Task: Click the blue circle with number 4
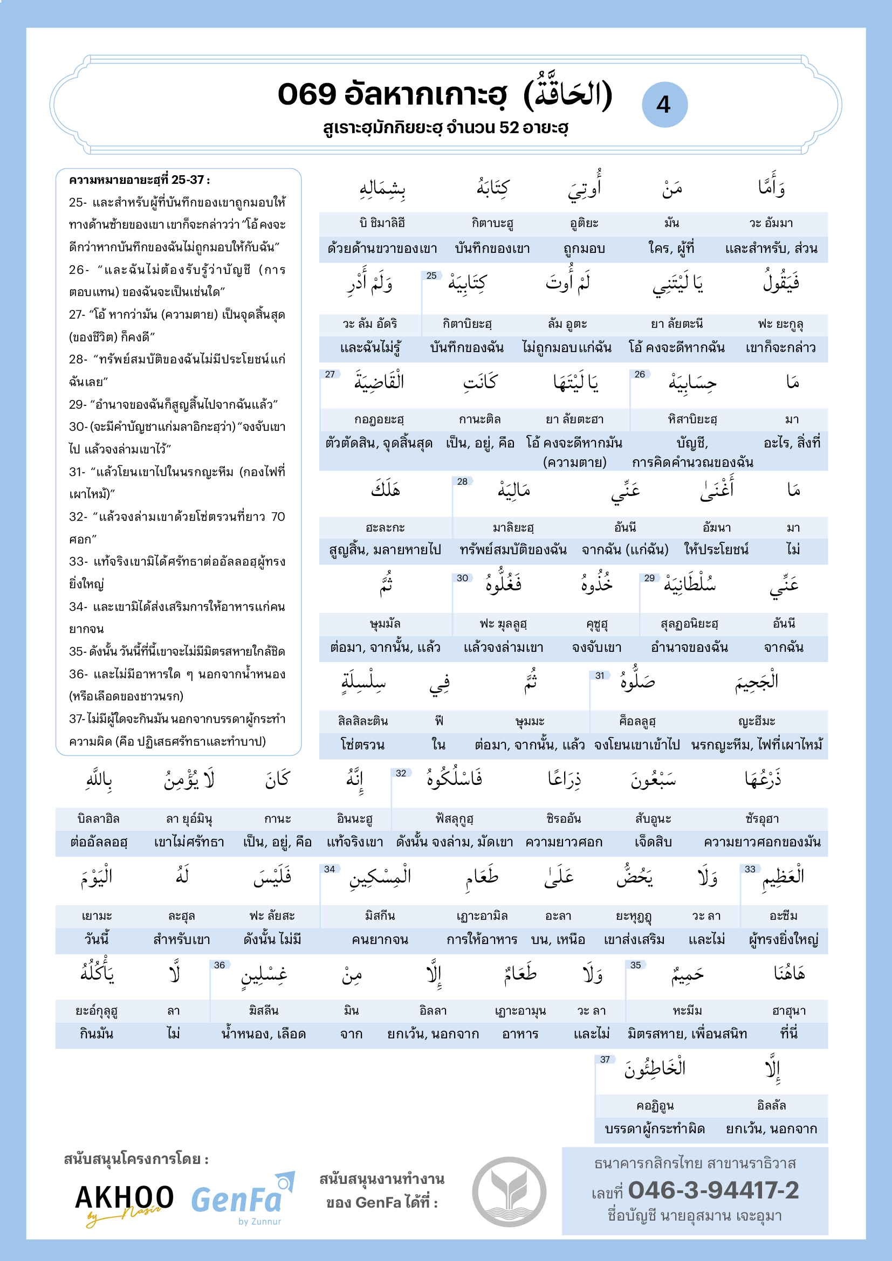coord(664,105)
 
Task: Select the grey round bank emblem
coord(509,1191)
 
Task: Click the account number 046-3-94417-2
coord(713,1190)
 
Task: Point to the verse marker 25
coord(432,275)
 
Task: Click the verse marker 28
coord(463,481)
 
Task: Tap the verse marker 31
coord(600,676)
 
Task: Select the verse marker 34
coord(330,870)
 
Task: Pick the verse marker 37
coord(605,1059)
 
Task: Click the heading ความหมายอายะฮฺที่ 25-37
coord(140,180)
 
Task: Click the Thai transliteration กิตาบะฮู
coord(493,223)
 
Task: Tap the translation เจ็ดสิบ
coord(653,842)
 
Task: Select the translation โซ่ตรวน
coord(362,745)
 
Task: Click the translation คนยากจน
coord(380,939)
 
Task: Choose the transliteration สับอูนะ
coord(653,819)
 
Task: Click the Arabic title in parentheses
coord(567,94)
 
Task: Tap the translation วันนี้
coord(97,939)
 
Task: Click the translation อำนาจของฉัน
coord(689,647)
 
